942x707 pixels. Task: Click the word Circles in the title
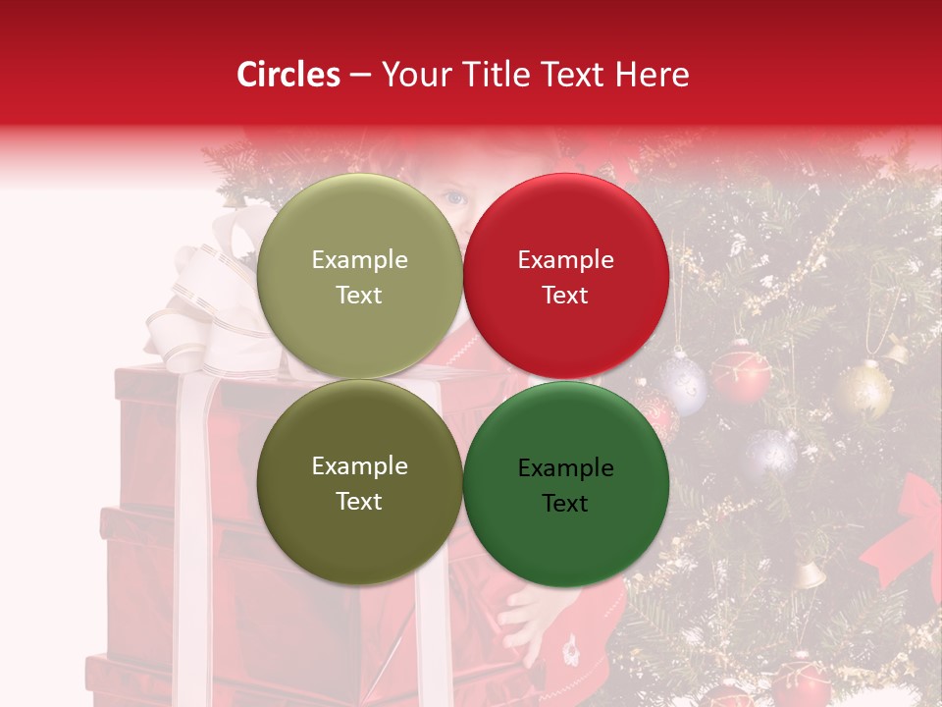[288, 75]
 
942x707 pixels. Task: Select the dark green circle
[565, 535]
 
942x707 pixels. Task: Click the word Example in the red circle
[565, 260]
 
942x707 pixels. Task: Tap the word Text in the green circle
[565, 503]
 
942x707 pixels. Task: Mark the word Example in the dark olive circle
[359, 465]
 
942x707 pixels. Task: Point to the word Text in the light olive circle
[359, 296]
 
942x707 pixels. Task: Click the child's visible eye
[453, 197]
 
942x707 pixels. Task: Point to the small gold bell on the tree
[809, 575]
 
